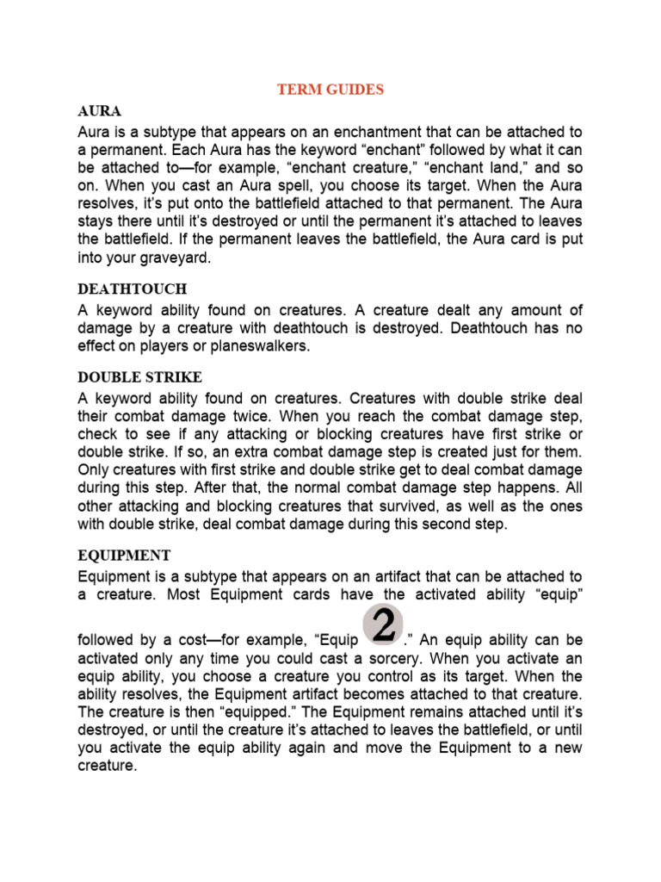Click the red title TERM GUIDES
click(330, 89)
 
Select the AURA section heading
click(99, 112)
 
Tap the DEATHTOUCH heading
click(132, 289)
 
